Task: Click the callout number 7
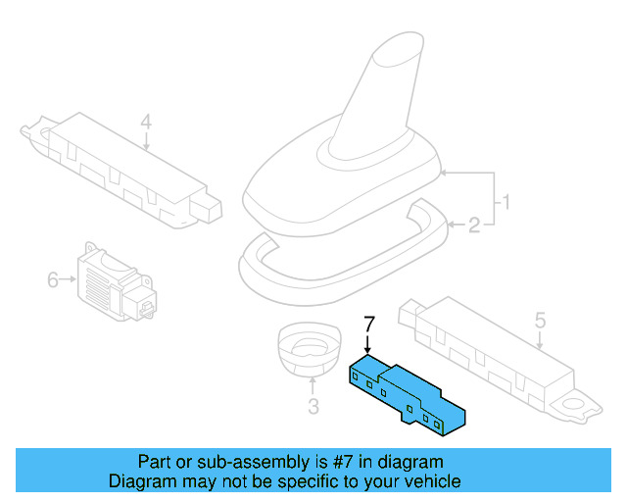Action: point(369,323)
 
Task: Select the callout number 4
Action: point(146,123)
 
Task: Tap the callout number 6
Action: point(53,279)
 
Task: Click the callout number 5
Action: point(540,319)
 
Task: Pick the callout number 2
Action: point(474,226)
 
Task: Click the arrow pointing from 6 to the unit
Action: point(69,279)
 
